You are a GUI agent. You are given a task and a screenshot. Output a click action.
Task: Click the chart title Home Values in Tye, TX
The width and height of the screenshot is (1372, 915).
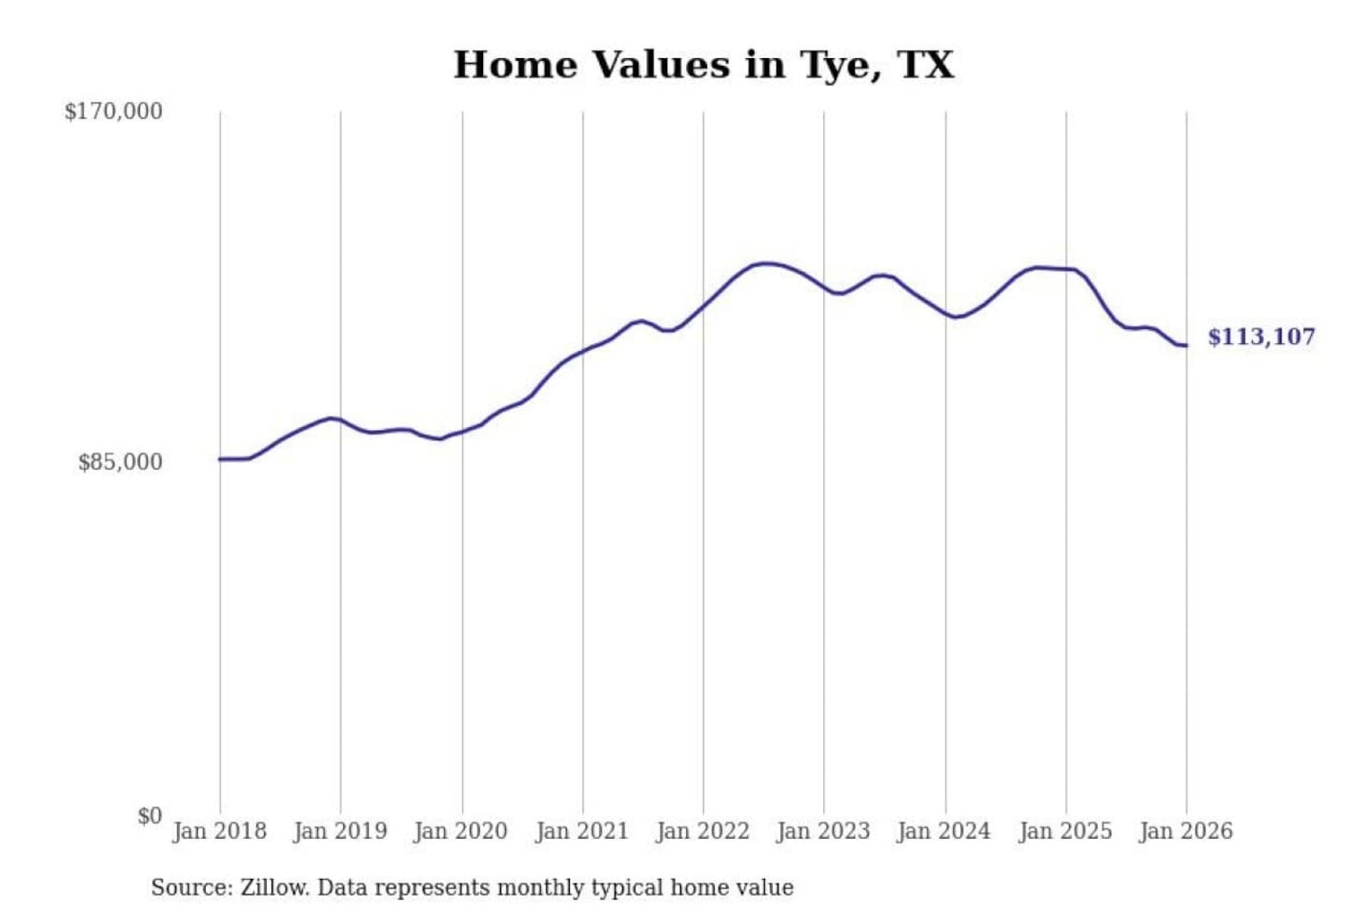pyautogui.click(x=703, y=65)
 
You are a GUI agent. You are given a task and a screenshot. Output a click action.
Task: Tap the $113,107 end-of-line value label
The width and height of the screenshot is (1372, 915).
pyautogui.click(x=1261, y=336)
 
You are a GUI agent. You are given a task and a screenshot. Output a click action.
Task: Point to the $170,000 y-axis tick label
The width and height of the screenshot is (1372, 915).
pyautogui.click(x=113, y=112)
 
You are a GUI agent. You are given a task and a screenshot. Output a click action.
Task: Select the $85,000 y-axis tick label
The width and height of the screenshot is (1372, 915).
pyautogui.click(x=120, y=462)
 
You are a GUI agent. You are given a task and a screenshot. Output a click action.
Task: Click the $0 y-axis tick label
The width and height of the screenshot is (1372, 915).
pyautogui.click(x=150, y=816)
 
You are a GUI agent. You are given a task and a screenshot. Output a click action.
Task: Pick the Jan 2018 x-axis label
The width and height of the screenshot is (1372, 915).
pyautogui.click(x=219, y=831)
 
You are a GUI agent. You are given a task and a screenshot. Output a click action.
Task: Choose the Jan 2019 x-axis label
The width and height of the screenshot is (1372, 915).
pyautogui.click(x=340, y=831)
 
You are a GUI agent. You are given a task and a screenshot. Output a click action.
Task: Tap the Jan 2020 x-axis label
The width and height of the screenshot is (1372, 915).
pyautogui.click(x=461, y=831)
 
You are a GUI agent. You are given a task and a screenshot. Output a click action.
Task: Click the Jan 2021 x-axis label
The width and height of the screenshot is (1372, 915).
pyautogui.click(x=582, y=831)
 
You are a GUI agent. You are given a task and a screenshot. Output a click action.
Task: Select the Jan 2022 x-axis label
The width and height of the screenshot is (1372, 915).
pyautogui.click(x=703, y=831)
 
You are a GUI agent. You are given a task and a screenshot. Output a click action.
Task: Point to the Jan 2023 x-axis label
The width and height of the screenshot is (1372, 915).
pyautogui.click(x=823, y=831)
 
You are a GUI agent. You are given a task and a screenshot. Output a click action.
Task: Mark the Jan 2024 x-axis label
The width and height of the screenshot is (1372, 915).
pyautogui.click(x=944, y=831)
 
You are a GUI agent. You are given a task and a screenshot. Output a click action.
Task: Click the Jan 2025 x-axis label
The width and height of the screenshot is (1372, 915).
pyautogui.click(x=1065, y=831)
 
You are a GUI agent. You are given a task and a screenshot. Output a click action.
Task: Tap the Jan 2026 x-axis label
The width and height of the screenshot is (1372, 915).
pyautogui.click(x=1186, y=831)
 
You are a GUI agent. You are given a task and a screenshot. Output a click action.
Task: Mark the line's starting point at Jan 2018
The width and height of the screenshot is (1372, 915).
pyautogui.click(x=220, y=459)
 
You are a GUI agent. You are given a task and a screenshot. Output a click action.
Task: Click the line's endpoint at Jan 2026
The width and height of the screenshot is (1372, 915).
pyautogui.click(x=1186, y=345)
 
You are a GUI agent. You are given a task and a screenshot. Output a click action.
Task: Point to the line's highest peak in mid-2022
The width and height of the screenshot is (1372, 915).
pyautogui.click(x=765, y=263)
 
